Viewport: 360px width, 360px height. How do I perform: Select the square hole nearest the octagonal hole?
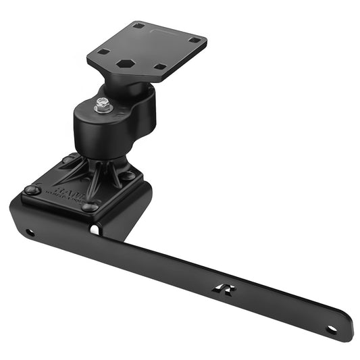[159, 66]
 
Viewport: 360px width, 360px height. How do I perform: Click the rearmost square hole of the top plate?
[138, 26]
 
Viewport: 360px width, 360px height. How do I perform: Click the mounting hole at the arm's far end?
[331, 330]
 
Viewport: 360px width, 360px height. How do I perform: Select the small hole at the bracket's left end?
[30, 232]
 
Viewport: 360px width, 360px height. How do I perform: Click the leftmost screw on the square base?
[32, 190]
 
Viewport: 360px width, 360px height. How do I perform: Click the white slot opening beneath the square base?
[95, 230]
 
